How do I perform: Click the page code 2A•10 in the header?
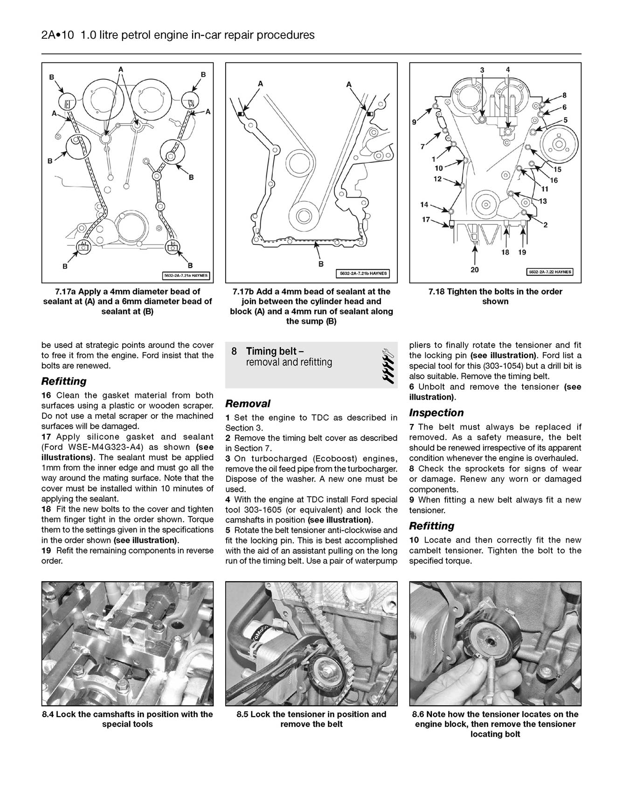[57, 35]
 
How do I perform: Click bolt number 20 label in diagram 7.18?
[475, 270]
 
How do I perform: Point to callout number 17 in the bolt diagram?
[426, 219]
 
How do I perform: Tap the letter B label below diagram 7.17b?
[320, 264]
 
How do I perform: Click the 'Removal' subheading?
[248, 404]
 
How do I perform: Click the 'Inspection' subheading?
[436, 412]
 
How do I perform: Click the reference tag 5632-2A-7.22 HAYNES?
[550, 272]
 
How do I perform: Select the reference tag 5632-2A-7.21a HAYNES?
[186, 276]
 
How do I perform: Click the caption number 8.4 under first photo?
[48, 714]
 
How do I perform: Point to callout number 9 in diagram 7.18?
[414, 123]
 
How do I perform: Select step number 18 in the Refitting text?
[46, 509]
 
